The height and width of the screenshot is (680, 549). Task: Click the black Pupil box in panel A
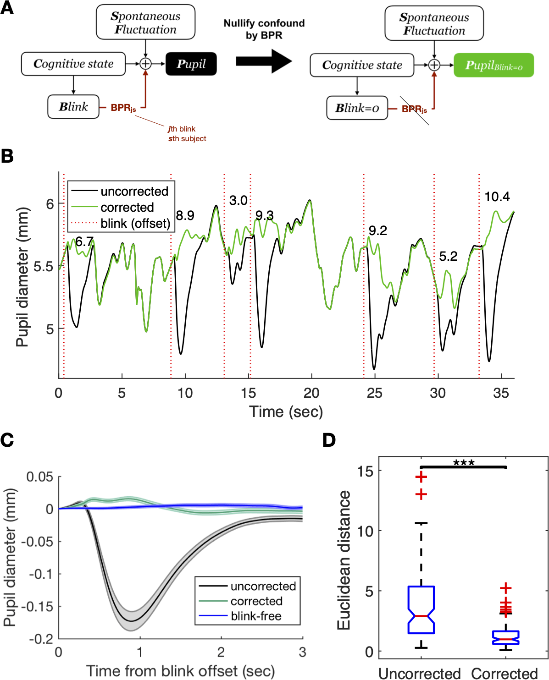coord(191,64)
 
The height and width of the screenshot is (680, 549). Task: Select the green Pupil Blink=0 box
coord(494,65)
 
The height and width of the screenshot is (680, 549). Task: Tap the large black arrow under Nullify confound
coord(264,60)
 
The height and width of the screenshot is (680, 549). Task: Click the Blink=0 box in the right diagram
coord(357,108)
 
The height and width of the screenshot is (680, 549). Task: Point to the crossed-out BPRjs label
coord(414,109)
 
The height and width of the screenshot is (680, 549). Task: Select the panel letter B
coord(7,156)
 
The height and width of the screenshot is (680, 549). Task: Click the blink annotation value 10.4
coord(497,197)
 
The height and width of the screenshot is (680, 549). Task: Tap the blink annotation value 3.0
coord(238,201)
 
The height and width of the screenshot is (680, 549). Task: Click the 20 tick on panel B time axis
coord(311,393)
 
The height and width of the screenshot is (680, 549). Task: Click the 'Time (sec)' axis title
coord(286,411)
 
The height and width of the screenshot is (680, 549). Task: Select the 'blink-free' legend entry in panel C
coord(256,616)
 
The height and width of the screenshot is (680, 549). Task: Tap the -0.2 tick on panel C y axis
coord(41,638)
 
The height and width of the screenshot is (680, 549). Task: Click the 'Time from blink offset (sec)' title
coord(180,671)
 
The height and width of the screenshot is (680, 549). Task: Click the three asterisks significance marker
coord(464,463)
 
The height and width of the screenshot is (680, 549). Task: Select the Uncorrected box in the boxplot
coord(421,610)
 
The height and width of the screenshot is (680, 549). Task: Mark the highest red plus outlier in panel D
coord(421,477)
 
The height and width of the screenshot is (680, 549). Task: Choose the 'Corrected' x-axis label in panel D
coord(505,673)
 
